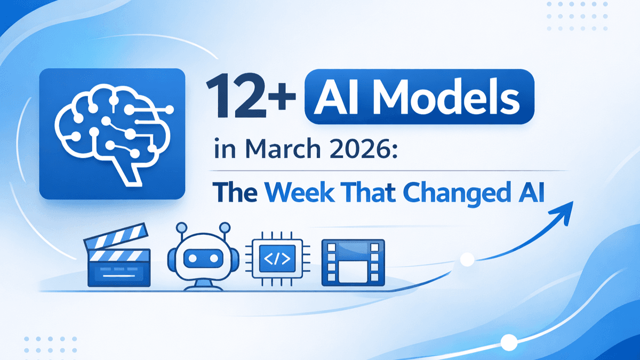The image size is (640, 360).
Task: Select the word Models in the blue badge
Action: (455, 99)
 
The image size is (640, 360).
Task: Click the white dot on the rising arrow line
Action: (467, 260)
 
